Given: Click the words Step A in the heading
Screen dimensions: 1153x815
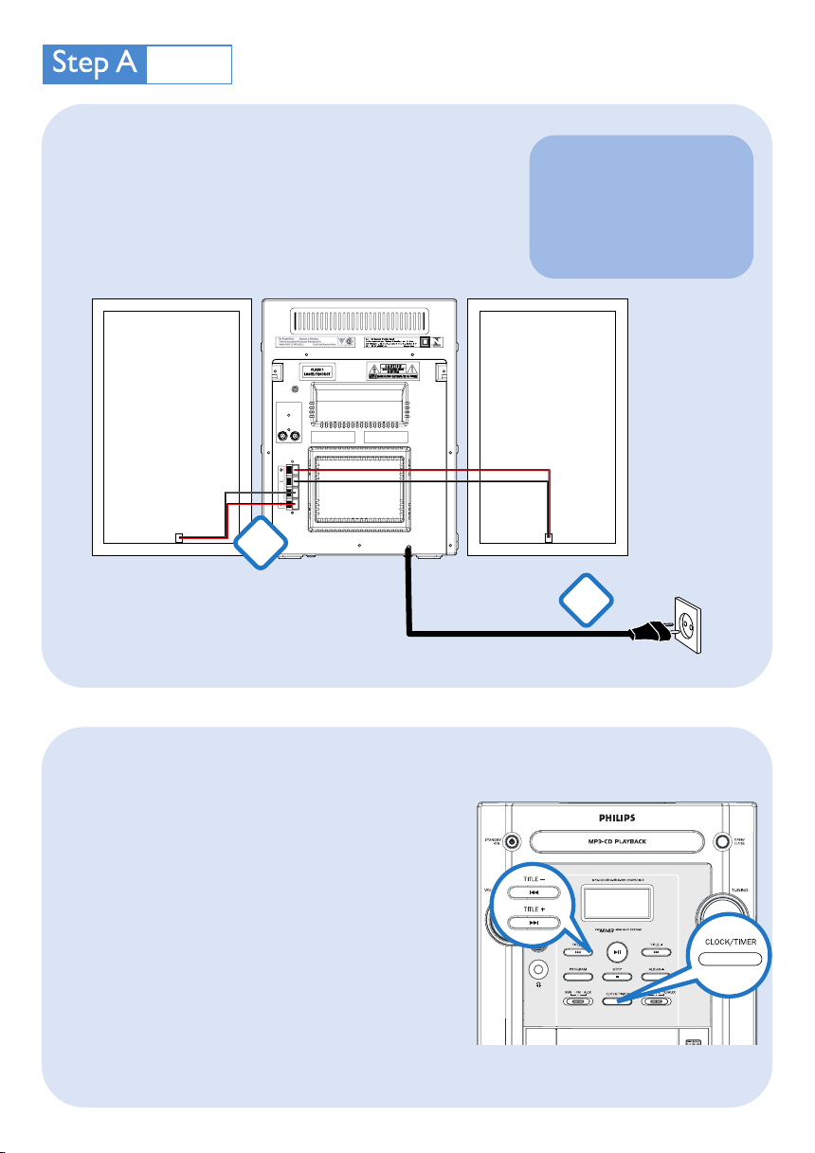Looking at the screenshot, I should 95,63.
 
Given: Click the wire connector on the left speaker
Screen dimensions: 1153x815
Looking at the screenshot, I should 179,538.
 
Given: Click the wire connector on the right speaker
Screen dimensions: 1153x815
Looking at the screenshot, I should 548,538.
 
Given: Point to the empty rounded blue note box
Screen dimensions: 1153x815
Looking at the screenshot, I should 641,206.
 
